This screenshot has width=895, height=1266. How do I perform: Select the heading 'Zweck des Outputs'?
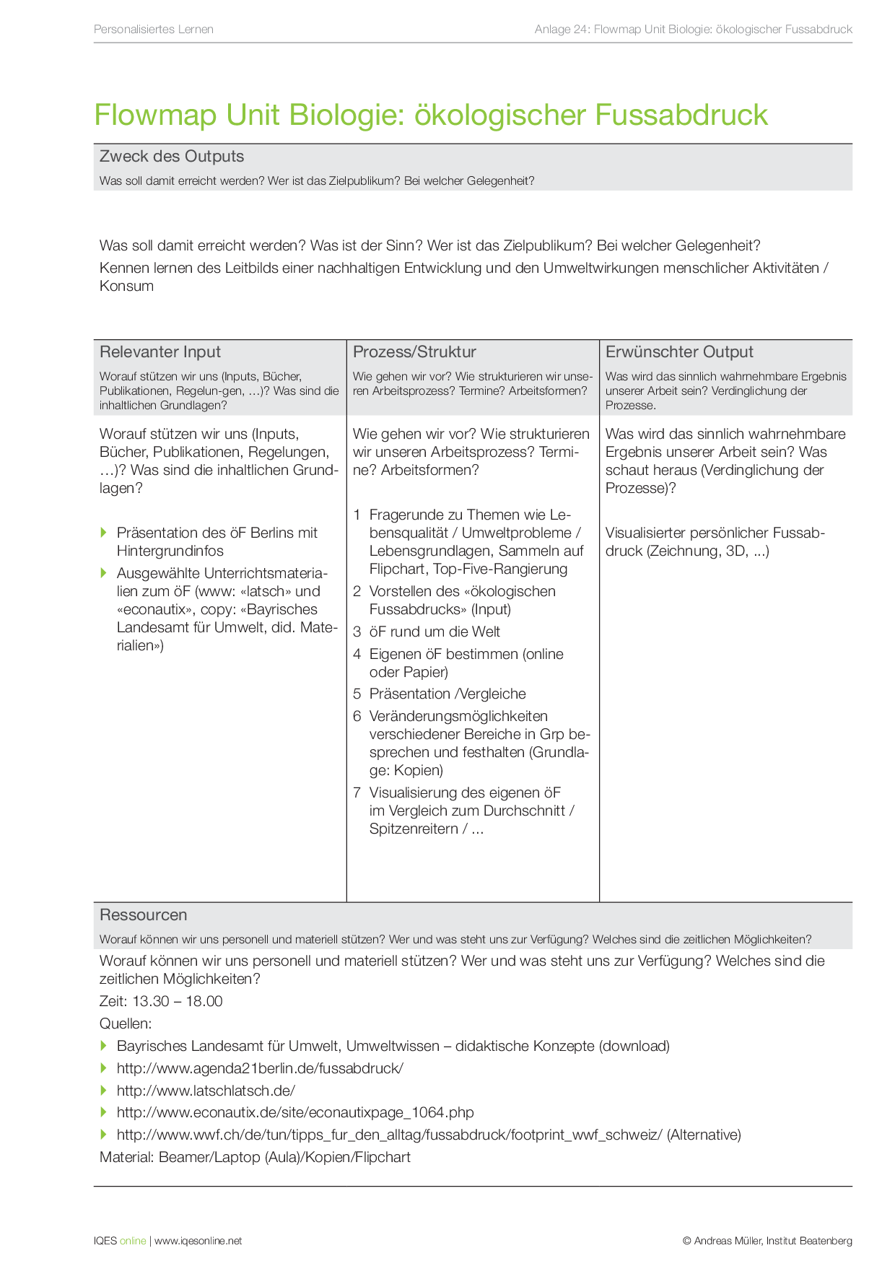click(x=172, y=157)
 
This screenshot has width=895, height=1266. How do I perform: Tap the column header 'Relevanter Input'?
click(x=160, y=352)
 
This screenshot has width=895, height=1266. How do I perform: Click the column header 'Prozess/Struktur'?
click(x=414, y=352)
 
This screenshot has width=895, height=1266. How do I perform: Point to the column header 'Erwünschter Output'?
click(x=679, y=352)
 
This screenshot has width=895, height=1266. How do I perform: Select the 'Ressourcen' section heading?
click(x=144, y=915)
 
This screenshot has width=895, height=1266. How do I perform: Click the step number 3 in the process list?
click(x=357, y=632)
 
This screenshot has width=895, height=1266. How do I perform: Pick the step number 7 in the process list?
click(x=357, y=793)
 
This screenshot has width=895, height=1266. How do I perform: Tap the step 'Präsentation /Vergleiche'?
click(x=447, y=694)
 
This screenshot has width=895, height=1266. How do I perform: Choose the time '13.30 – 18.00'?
click(x=178, y=1002)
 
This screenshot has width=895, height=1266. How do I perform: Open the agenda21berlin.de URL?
click(x=260, y=1069)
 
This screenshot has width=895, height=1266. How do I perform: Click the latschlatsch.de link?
click(x=206, y=1091)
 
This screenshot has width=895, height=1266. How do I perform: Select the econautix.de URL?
click(x=295, y=1113)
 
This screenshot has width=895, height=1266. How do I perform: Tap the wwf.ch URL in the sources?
click(x=390, y=1135)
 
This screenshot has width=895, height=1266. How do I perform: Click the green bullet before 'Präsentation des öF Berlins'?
click(x=104, y=533)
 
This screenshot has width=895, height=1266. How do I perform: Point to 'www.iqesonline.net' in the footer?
click(x=198, y=1241)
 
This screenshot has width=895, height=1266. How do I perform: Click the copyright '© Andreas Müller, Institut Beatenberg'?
click(x=767, y=1241)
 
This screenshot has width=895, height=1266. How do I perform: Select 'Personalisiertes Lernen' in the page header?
click(x=154, y=30)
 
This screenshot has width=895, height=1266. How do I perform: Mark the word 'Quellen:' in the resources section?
click(x=126, y=1024)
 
